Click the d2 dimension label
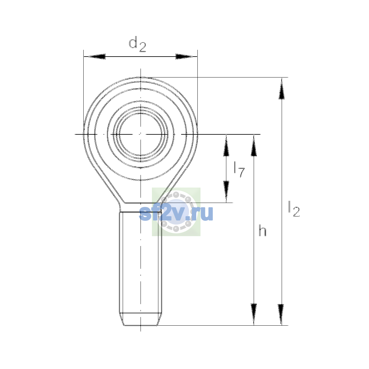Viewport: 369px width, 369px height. pos(137,44)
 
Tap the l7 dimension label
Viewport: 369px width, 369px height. pos(239,169)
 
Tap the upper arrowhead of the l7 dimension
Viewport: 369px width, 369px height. pos(226,145)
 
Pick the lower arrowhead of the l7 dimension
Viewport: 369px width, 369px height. pos(226,192)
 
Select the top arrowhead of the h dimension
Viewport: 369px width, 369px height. pos(254,145)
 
